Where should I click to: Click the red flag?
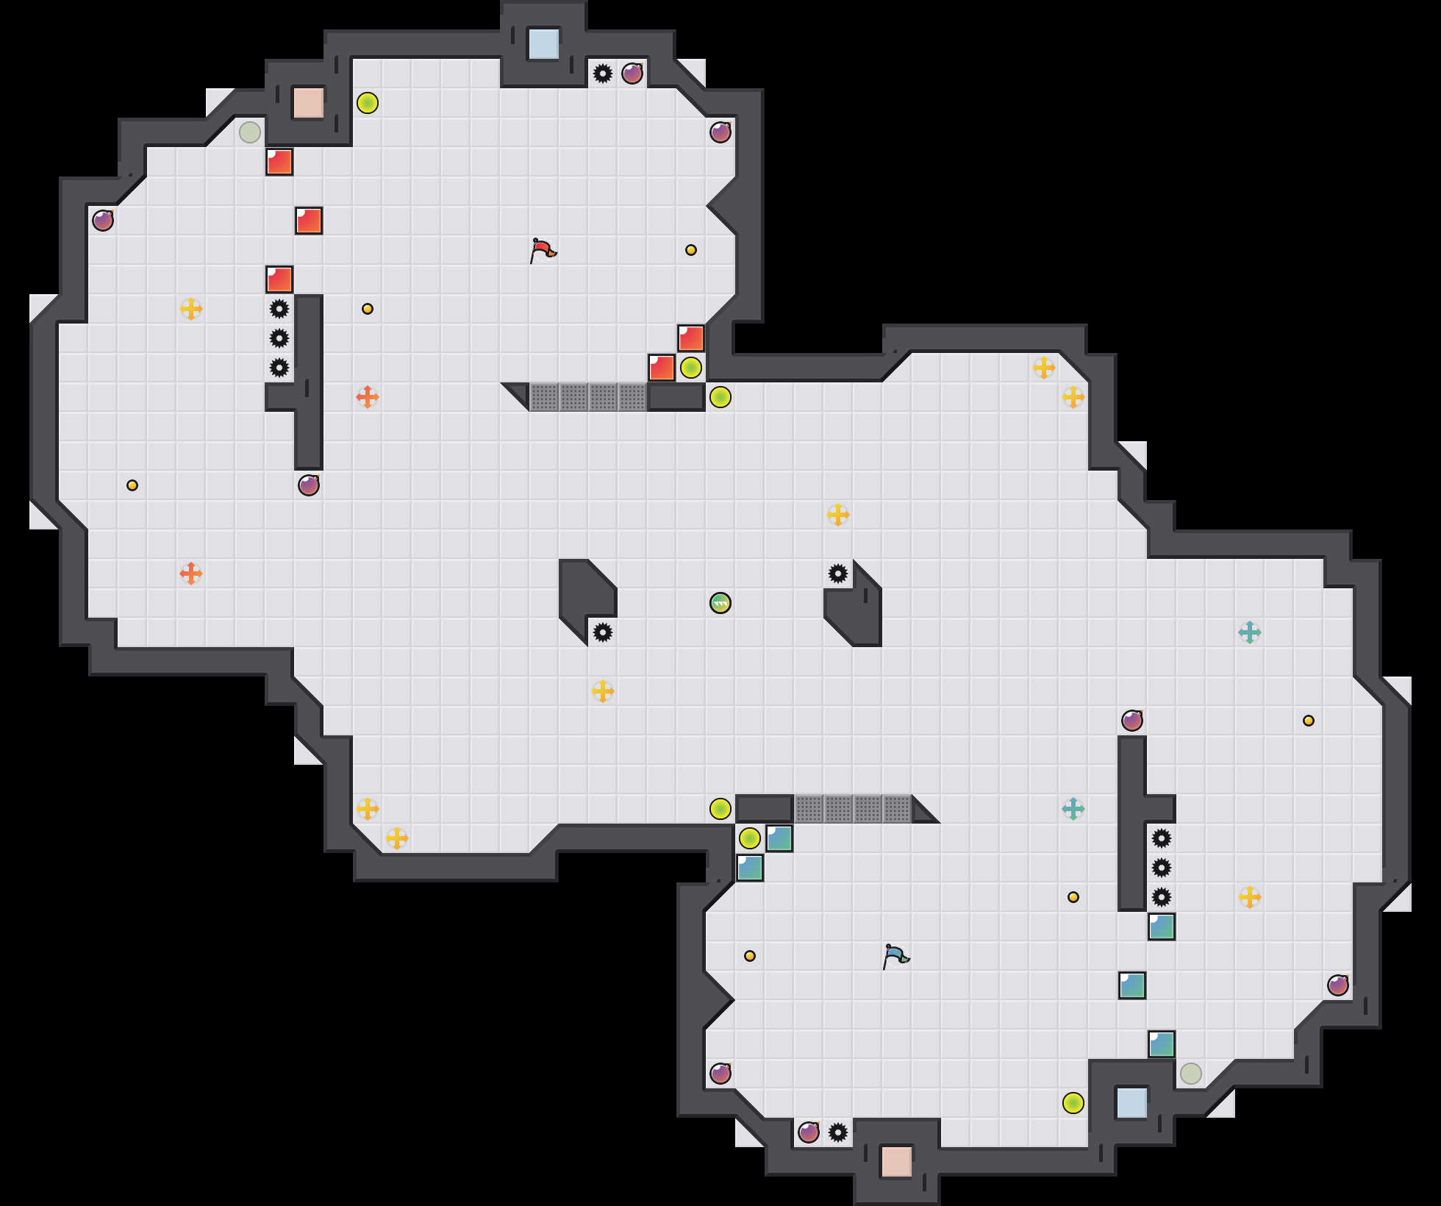(x=543, y=250)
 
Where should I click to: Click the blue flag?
(x=895, y=956)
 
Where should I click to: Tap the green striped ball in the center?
(x=720, y=603)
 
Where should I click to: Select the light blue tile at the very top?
(x=544, y=44)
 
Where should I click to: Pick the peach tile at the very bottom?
(x=897, y=1162)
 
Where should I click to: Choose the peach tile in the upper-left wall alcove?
(x=309, y=103)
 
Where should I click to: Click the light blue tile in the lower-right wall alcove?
(x=1132, y=1103)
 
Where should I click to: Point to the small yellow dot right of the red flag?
(x=691, y=250)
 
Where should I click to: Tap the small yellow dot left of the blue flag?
(x=750, y=956)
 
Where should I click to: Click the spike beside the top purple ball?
(x=603, y=74)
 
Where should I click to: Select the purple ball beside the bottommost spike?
(x=809, y=1132)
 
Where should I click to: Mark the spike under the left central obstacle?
(x=603, y=632)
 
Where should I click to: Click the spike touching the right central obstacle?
(x=838, y=574)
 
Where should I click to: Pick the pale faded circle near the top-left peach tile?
(x=250, y=132)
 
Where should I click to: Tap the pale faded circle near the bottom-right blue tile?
(x=1191, y=1074)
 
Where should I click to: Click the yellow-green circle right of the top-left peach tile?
(x=368, y=103)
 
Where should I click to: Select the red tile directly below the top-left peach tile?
(x=279, y=162)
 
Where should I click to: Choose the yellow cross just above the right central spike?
(x=838, y=515)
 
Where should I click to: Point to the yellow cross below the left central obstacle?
(x=603, y=691)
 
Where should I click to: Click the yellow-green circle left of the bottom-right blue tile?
(x=1073, y=1103)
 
